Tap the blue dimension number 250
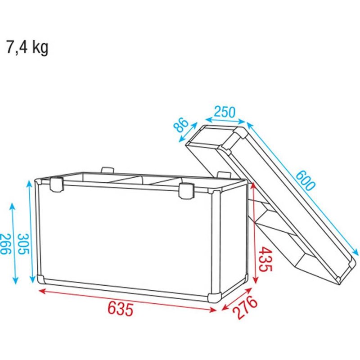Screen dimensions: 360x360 coord(225,112)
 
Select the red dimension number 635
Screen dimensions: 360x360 coord(121,309)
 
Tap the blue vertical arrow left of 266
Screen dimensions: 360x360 coord(13,243)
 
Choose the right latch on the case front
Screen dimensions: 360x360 coord(185,189)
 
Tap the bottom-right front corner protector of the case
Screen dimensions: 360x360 coord(213,294)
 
